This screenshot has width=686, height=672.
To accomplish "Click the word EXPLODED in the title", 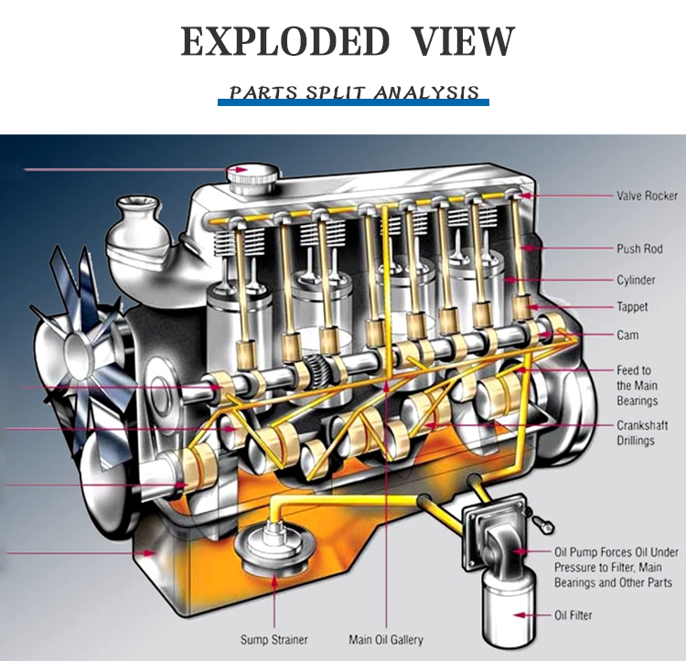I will [x=284, y=42].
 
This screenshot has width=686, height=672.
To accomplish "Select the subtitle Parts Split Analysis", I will [x=354, y=92].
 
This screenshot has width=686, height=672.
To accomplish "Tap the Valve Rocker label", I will [x=647, y=196].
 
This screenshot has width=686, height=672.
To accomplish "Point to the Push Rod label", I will [x=639, y=249].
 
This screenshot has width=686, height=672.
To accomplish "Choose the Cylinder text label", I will [x=636, y=280].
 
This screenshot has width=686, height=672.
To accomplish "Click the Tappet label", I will [x=633, y=307].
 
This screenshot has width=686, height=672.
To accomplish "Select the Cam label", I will [x=627, y=336].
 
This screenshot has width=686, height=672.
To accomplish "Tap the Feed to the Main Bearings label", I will [x=637, y=386].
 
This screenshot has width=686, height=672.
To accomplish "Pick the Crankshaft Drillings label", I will [x=636, y=433].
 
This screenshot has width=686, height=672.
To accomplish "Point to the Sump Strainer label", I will [x=273, y=640].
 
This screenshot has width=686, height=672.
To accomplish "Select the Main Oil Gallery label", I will [x=386, y=640].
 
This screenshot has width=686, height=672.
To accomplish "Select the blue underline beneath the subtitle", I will [x=353, y=103].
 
